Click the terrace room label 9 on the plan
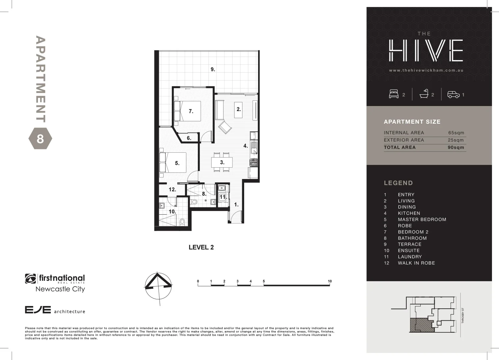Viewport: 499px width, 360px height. [213, 69]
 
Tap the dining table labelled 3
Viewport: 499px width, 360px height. [222, 163]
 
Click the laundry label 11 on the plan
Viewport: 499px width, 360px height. [223, 197]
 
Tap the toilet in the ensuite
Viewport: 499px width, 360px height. [182, 221]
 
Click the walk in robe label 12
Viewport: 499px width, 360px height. [172, 190]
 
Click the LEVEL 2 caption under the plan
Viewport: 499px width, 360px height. [201, 247]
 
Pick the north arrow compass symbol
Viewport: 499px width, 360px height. [158, 286]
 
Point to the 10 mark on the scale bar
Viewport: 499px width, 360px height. [329, 281]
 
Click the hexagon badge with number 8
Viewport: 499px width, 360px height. [40, 138]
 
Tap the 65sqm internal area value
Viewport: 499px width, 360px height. [456, 133]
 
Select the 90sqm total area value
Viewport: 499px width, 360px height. [456, 147]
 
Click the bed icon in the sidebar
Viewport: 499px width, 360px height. [394, 94]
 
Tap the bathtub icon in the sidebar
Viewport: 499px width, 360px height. [424, 94]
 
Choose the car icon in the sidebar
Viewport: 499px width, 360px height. [453, 95]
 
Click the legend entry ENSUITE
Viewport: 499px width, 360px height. [409, 251]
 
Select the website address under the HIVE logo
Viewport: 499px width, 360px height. [426, 70]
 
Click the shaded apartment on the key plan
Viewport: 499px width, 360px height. [421, 325]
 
